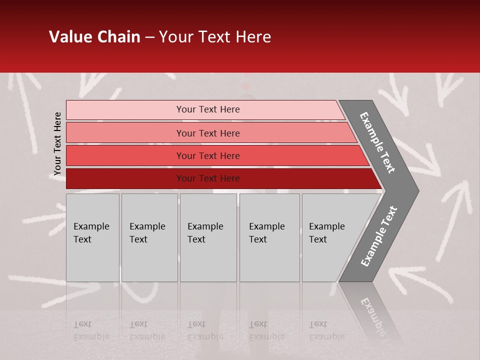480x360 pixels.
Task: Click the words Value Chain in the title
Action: pos(94,37)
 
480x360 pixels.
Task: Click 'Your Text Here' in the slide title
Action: pos(215,37)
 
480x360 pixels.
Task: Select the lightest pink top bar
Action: pos(125,110)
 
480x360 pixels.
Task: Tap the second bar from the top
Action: pos(125,133)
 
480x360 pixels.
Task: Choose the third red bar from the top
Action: pos(125,155)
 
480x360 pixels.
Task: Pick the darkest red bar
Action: pos(125,178)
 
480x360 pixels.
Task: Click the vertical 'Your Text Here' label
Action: pos(57,143)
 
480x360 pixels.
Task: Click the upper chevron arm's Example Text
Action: pos(378,142)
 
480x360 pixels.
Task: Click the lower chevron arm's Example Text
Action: pos(379,236)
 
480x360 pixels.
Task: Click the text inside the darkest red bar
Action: pos(208,178)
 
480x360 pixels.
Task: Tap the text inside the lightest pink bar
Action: pos(208,109)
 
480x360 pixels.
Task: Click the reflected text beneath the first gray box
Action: pos(91,330)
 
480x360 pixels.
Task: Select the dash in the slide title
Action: pos(149,37)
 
